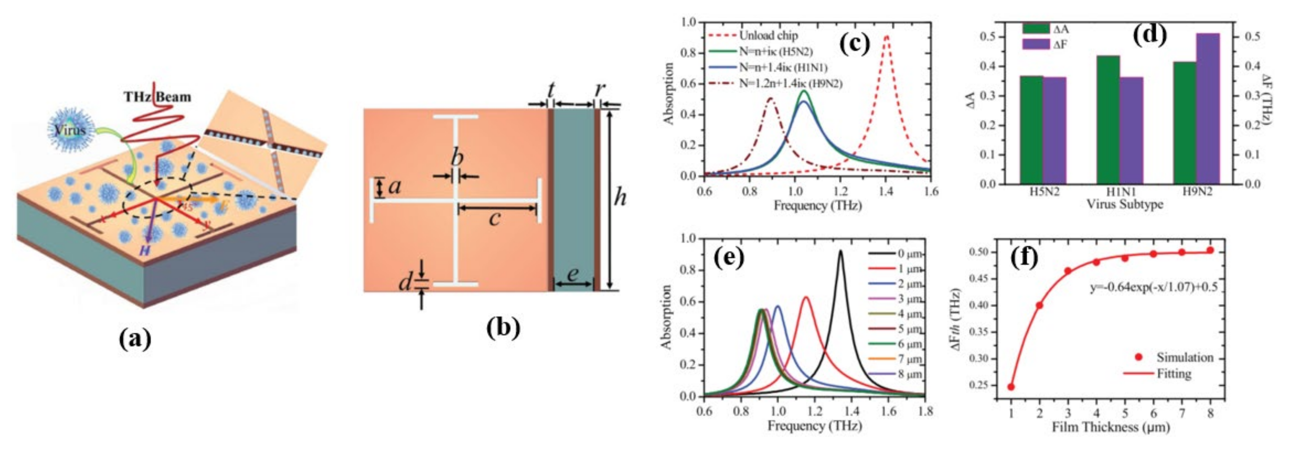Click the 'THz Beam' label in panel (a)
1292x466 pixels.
coord(157,97)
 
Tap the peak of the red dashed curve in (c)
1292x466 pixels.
coord(887,36)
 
